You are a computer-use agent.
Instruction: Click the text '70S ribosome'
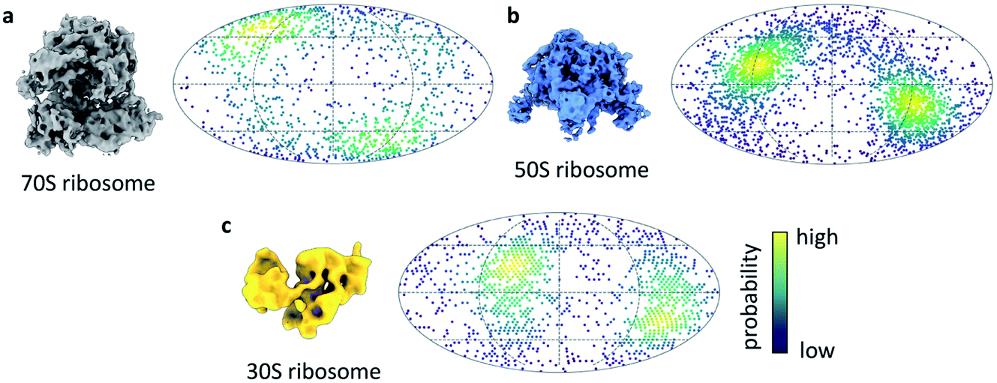pos(88,181)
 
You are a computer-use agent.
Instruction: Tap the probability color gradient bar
pos(777,292)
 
